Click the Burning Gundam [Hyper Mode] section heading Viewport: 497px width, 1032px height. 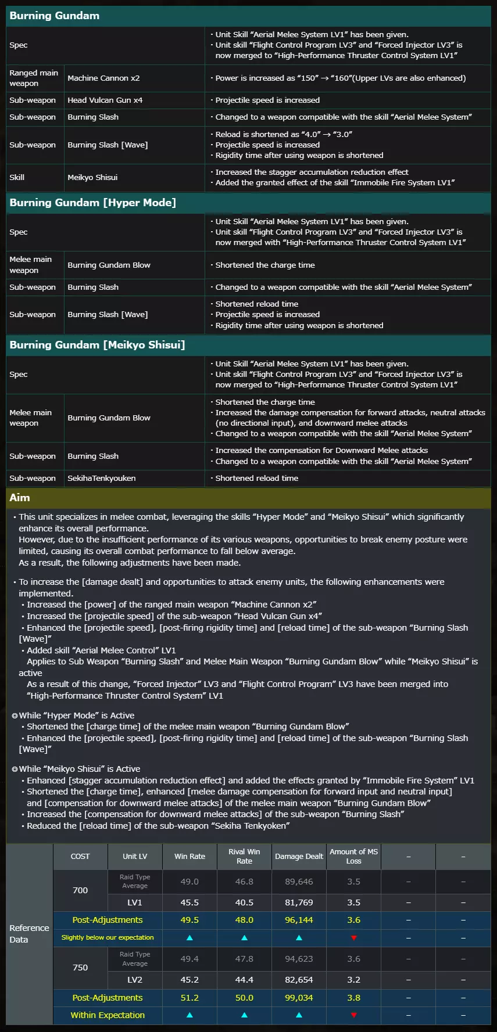(93, 203)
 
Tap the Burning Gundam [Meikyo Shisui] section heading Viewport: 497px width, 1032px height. (97, 345)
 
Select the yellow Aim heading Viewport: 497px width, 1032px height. (20, 498)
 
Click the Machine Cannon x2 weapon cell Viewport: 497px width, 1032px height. (103, 78)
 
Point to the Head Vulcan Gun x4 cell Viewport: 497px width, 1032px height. (105, 100)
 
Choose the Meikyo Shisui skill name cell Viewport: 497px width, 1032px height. (92, 178)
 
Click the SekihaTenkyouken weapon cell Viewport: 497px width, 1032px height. (102, 479)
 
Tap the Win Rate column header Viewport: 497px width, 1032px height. (189, 857)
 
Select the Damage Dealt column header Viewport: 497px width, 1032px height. (299, 857)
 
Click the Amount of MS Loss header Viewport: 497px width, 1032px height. (353, 857)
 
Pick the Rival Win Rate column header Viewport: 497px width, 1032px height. (244, 857)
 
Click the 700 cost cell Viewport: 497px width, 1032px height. (80, 890)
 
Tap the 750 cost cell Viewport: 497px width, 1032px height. (80, 968)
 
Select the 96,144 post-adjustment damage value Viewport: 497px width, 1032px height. (299, 920)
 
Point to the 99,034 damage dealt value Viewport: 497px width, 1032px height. (299, 998)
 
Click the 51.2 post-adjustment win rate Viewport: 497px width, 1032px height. (189, 998)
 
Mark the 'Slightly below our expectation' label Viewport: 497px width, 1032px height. (108, 937)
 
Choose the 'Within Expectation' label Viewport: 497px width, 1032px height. (108, 1015)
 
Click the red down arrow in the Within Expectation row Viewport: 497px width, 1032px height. (353, 1015)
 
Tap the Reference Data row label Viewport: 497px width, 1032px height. (29, 934)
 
